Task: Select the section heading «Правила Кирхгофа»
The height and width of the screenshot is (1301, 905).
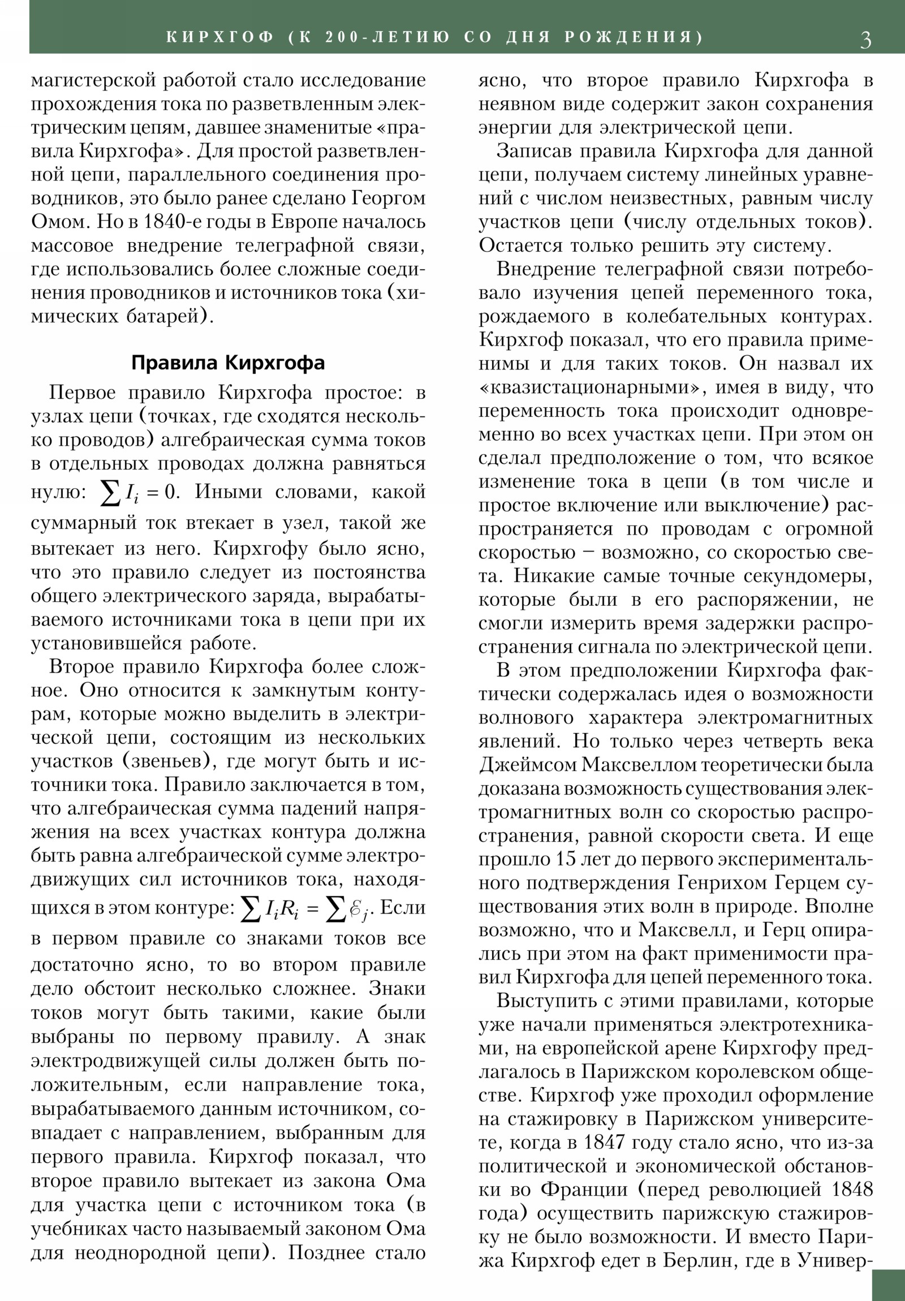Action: pyautogui.click(x=228, y=363)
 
